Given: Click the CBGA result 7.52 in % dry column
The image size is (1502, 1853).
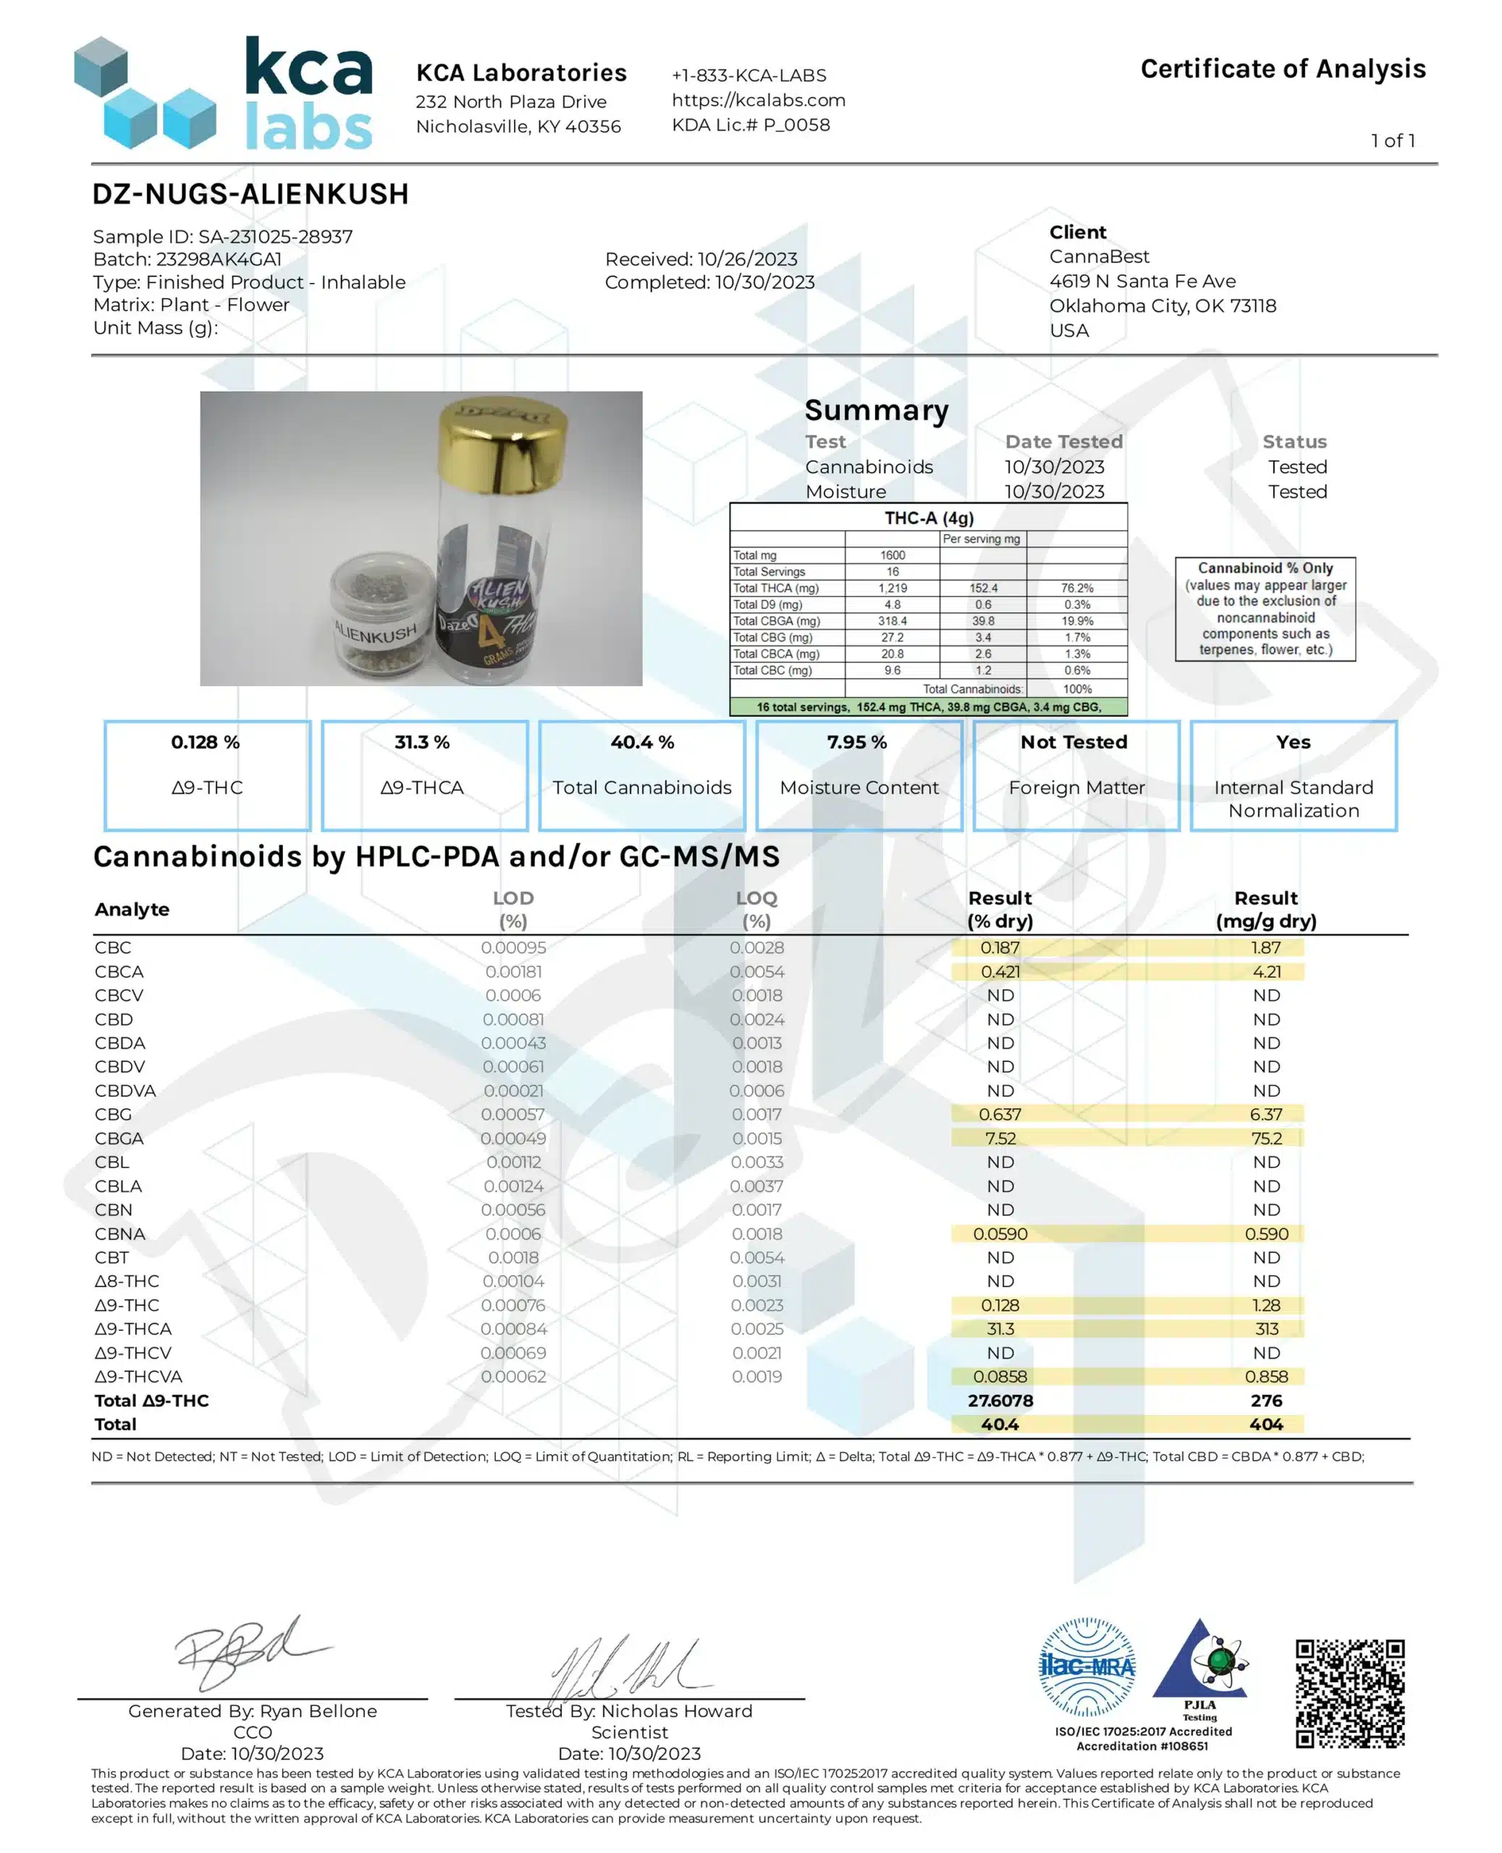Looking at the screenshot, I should click(x=1000, y=1139).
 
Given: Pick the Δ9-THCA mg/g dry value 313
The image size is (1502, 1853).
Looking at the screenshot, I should click(x=1266, y=1329).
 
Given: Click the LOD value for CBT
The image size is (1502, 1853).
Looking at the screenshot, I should click(x=513, y=1257).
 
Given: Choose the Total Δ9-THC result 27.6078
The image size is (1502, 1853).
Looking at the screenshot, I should click(x=1000, y=1401).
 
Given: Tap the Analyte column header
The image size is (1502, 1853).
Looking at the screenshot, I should click(x=132, y=909).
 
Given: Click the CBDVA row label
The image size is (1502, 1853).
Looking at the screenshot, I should click(x=125, y=1091).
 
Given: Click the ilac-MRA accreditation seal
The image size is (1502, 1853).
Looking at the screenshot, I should click(x=1086, y=1666).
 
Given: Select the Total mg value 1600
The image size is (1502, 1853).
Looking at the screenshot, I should click(x=892, y=555).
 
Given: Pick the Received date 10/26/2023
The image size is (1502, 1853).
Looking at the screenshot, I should click(x=701, y=260).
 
